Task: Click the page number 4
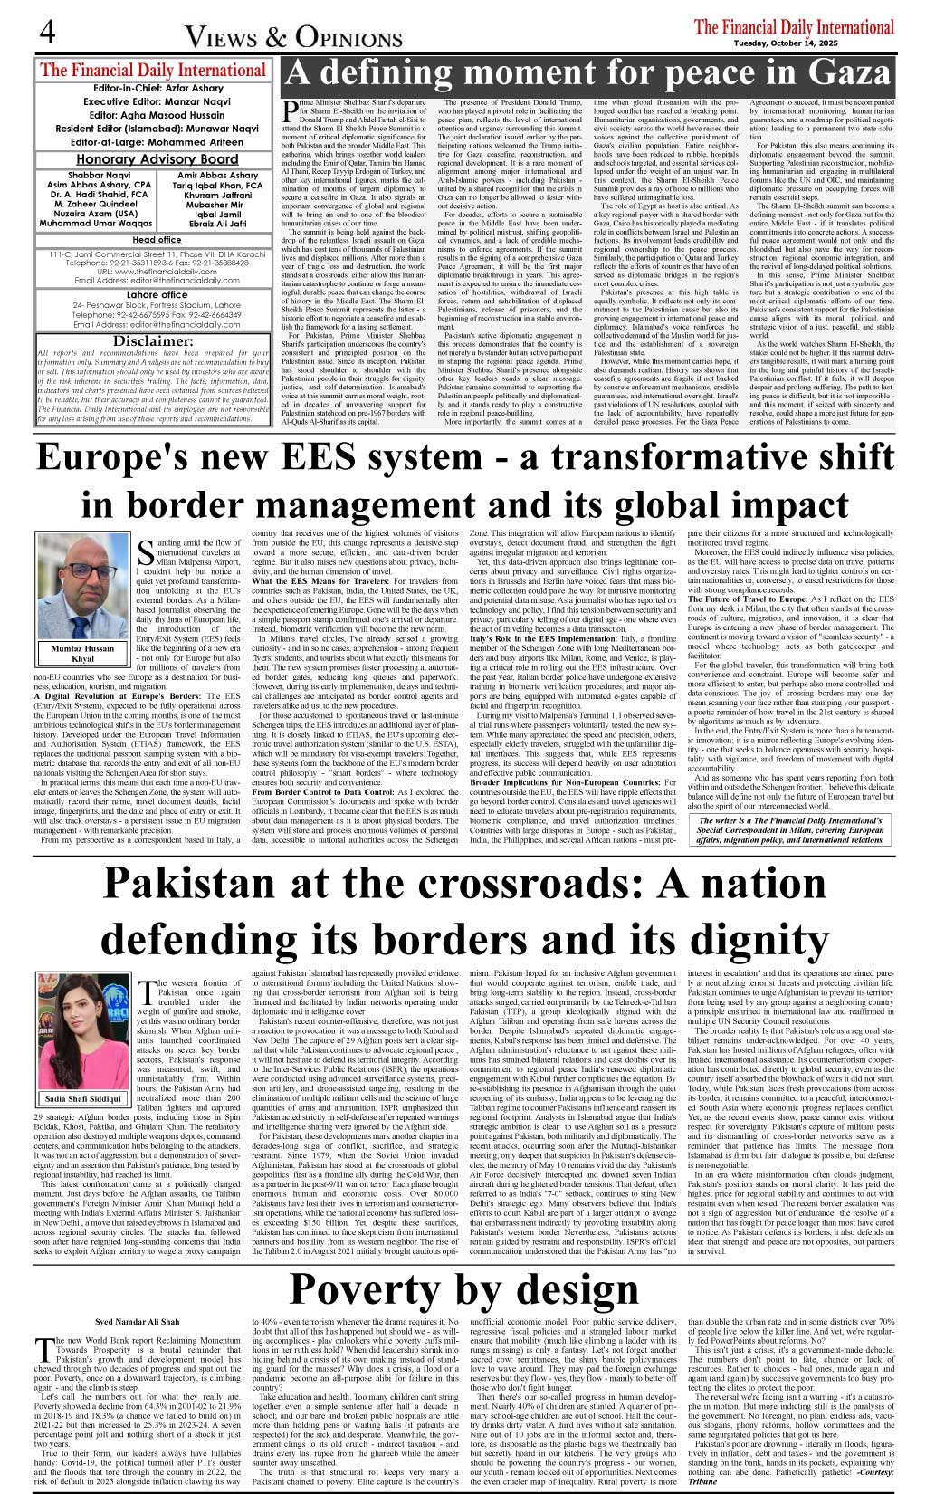click(47, 34)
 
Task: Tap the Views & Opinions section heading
click(294, 37)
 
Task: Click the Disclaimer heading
click(154, 340)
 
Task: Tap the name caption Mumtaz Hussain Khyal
click(82, 654)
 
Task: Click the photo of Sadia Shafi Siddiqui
click(83, 1030)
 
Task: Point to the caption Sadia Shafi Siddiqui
click(82, 1099)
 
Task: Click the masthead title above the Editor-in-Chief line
click(153, 71)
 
